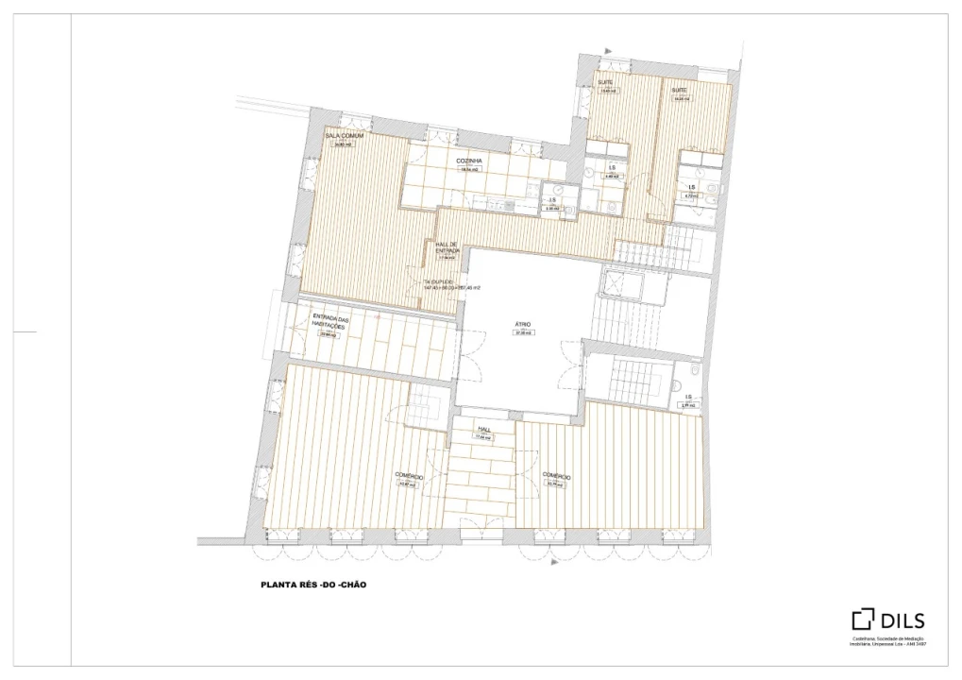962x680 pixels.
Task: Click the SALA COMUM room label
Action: (x=344, y=136)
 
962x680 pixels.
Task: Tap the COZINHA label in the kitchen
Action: (x=469, y=161)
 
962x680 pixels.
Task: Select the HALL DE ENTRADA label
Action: (x=447, y=247)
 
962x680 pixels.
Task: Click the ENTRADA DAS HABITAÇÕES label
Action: (x=330, y=322)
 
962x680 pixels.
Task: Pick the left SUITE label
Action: (x=606, y=83)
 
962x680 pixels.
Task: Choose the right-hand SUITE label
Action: (x=680, y=90)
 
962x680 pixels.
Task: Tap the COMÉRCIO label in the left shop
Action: (x=409, y=477)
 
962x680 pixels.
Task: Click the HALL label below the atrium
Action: (x=483, y=429)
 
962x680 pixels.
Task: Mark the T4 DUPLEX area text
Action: (x=451, y=284)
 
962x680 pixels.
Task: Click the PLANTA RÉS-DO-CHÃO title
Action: (x=312, y=585)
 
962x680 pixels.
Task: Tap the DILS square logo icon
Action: (x=863, y=620)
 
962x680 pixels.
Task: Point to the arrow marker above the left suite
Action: (x=610, y=51)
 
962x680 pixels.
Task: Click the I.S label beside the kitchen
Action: (x=553, y=200)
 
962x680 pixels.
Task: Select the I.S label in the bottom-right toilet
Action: (x=688, y=397)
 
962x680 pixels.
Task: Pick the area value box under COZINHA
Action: (x=469, y=170)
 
